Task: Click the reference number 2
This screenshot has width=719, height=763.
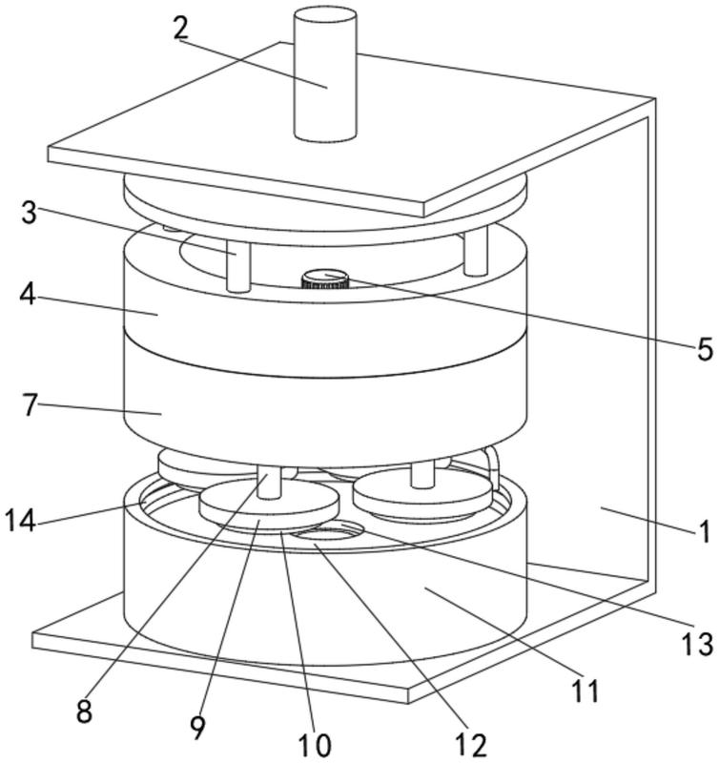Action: pos(181,28)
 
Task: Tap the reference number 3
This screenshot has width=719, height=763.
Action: pos(30,212)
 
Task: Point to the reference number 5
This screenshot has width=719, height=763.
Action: pos(705,349)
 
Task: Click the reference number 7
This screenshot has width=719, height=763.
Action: pos(30,405)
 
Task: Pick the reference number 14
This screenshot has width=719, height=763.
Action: pos(22,521)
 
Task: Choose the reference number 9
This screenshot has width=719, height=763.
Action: pos(197,729)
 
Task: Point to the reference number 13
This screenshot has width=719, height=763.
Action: pos(699,644)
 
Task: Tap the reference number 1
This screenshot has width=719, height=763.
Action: pos(704,531)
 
